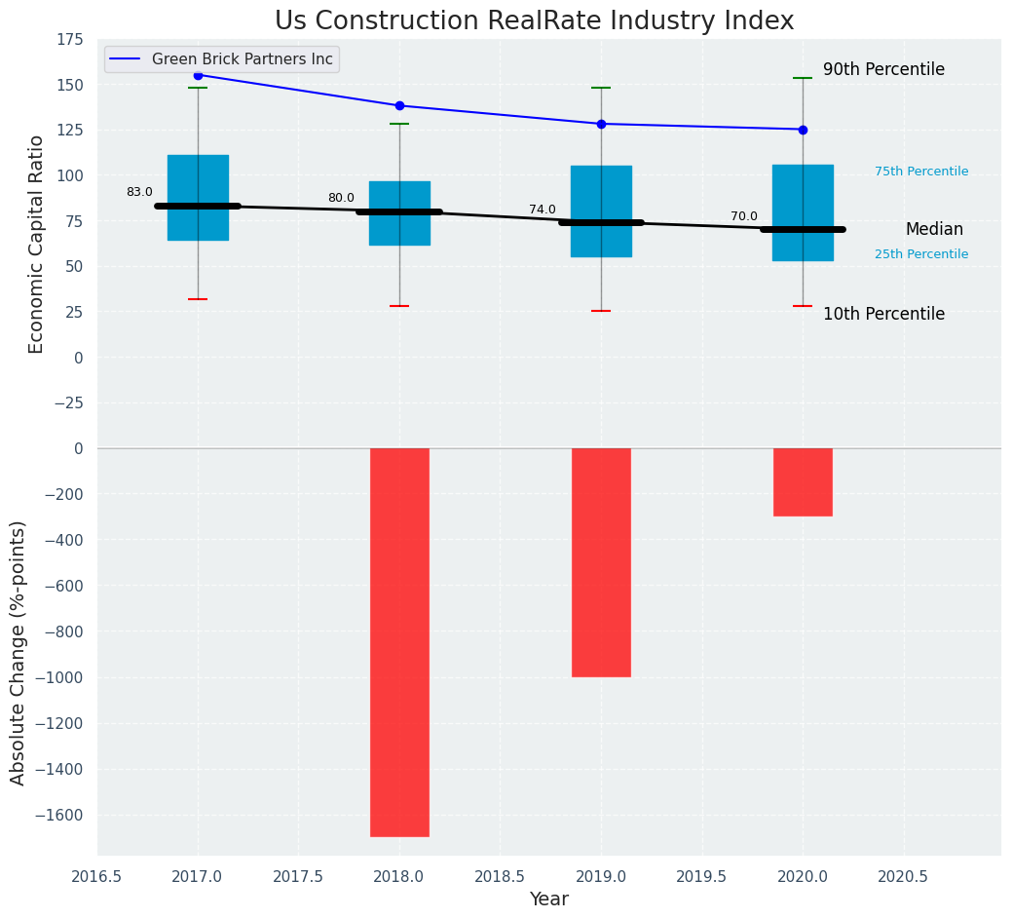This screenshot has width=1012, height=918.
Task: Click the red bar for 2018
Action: point(399,641)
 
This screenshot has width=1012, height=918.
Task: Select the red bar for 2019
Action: point(601,562)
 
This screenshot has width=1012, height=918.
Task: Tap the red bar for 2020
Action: point(803,481)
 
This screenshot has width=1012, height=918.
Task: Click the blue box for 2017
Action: point(198,197)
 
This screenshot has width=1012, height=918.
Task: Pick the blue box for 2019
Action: point(601,210)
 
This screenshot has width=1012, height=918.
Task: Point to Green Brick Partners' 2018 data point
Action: point(399,105)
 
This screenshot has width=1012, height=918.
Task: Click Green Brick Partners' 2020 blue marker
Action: point(803,130)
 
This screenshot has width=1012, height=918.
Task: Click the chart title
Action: point(534,21)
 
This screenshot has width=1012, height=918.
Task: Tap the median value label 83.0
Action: point(139,192)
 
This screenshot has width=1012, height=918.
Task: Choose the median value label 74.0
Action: point(543,210)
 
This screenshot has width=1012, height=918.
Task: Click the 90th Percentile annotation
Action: point(883,69)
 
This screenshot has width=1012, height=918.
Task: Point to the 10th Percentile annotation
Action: point(883,314)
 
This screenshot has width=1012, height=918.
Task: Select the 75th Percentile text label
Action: point(921,172)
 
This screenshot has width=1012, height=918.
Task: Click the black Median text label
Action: point(934,230)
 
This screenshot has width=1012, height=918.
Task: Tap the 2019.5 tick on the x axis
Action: point(701,876)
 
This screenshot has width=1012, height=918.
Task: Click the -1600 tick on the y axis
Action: point(57,815)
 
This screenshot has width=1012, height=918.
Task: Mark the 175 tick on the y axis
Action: point(70,39)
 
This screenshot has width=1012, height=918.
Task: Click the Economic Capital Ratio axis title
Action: point(37,244)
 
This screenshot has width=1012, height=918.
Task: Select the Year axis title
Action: point(549,899)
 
